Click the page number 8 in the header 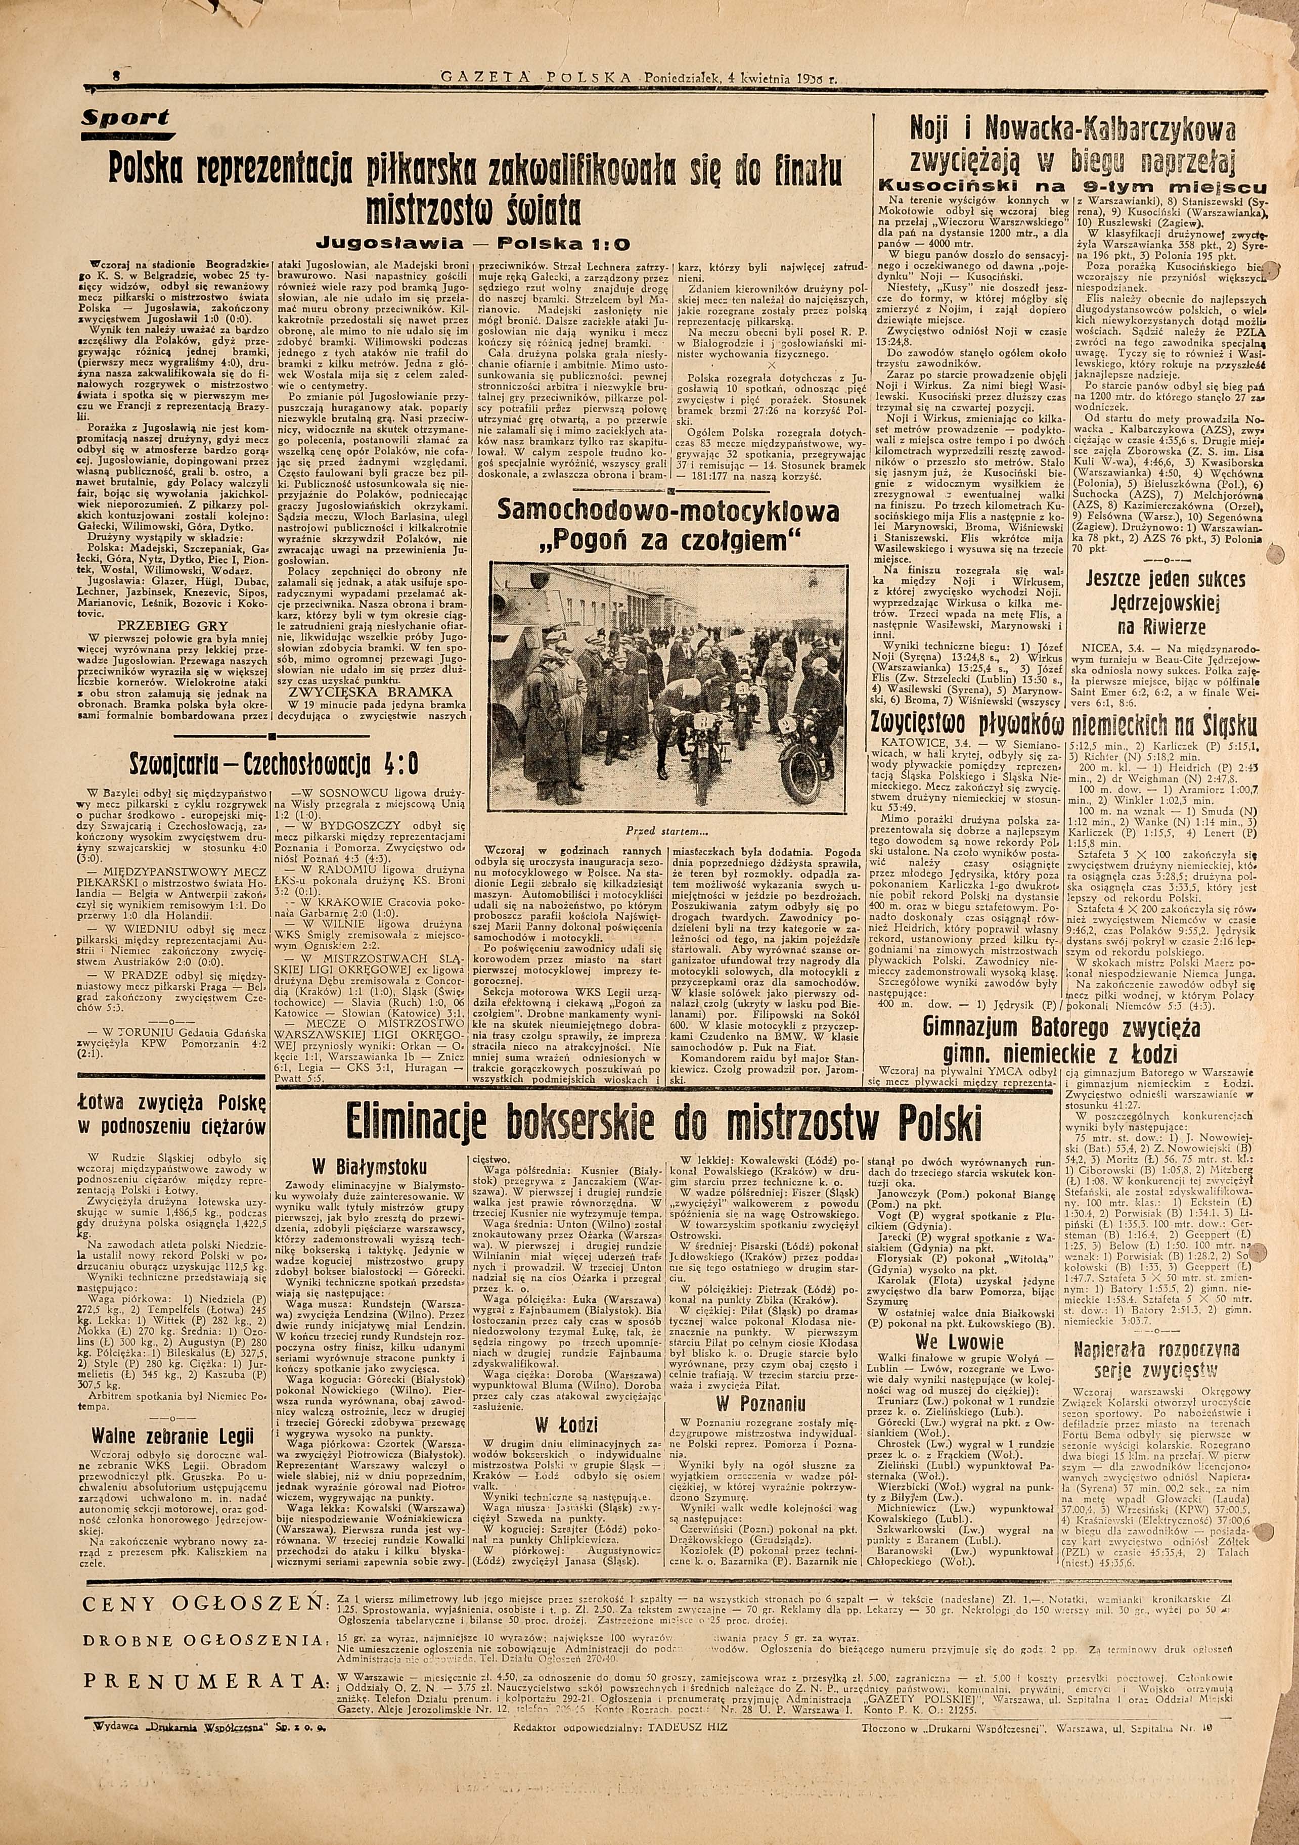click(x=117, y=78)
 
